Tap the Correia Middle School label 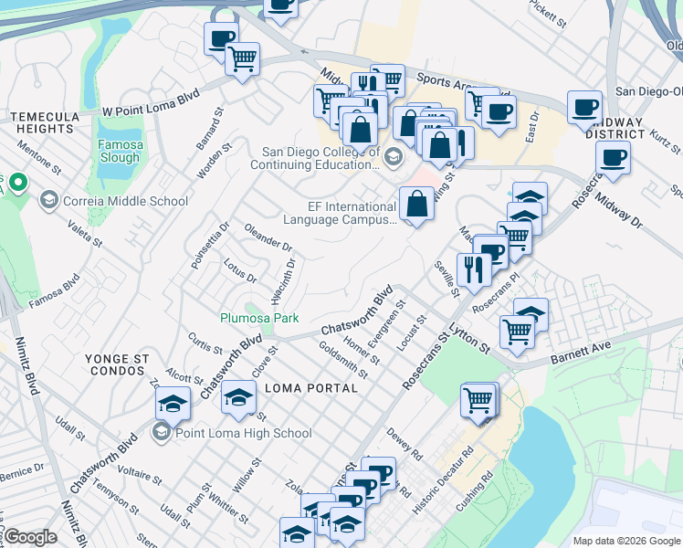pos(125,201)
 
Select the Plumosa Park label pos(259,319)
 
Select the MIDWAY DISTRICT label pos(615,128)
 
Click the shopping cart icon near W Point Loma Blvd pos(243,59)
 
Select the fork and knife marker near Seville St pos(472,269)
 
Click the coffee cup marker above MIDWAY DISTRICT pos(583,106)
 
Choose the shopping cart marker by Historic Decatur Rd pos(479,399)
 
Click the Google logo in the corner pos(31,537)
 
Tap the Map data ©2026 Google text pos(626,541)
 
